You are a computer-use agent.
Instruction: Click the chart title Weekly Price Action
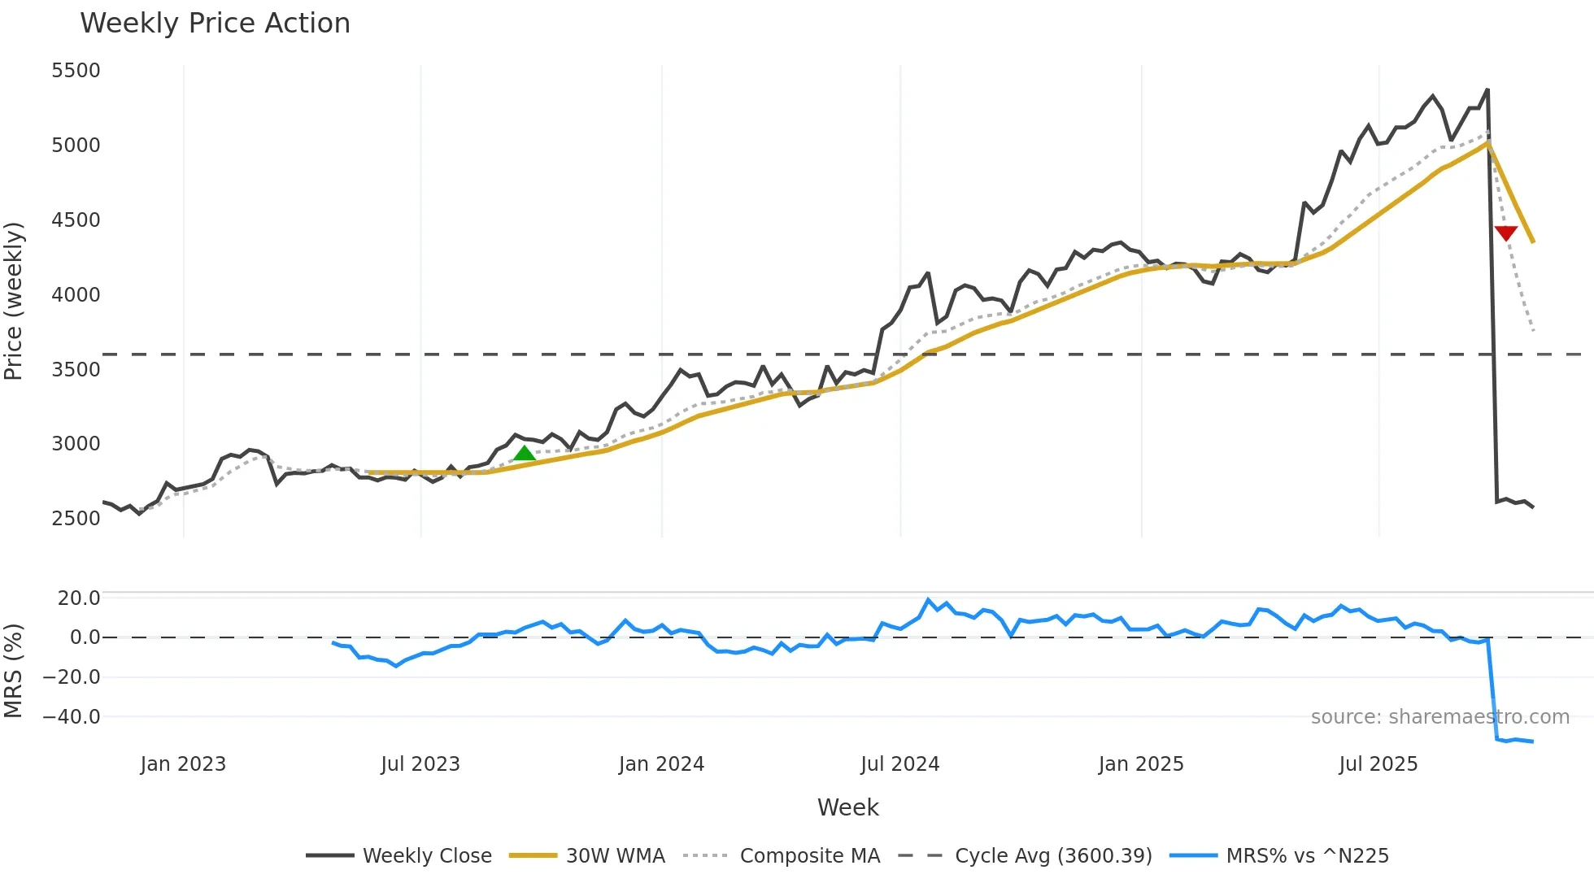pos(215,24)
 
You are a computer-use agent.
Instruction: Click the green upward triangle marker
pos(525,454)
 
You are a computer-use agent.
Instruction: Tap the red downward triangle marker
pos(1505,233)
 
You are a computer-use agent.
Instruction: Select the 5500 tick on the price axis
pos(76,71)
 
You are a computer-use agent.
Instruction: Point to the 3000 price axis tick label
pos(76,444)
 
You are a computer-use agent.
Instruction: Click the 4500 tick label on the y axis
pos(76,220)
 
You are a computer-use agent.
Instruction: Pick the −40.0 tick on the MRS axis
pos(72,717)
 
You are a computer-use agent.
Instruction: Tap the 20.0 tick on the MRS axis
pos(78,598)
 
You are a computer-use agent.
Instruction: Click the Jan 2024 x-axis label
pos(661,764)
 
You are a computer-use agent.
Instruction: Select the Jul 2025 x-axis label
pos(1378,764)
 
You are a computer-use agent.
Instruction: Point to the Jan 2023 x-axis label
pos(183,764)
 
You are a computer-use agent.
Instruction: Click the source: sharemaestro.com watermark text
pos(1439,717)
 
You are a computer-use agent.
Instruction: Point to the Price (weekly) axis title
pos(13,301)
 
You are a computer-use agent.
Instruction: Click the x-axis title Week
pos(847,807)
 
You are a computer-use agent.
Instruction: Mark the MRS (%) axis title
pos(13,671)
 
